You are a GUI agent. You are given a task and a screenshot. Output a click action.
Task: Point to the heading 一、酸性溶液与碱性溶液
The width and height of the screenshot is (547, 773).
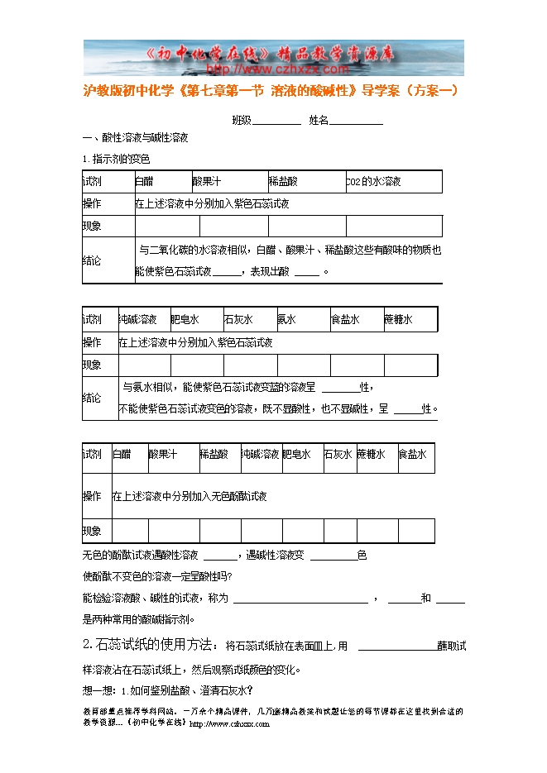click(136, 138)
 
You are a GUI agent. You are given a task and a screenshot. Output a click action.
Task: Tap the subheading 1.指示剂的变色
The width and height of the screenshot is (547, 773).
click(116, 159)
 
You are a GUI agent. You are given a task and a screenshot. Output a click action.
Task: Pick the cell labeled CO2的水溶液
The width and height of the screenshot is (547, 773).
click(374, 181)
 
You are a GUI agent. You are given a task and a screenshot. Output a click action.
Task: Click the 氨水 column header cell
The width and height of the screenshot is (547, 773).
click(303, 319)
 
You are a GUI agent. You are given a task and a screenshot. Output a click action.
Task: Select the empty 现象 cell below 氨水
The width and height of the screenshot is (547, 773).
click(303, 365)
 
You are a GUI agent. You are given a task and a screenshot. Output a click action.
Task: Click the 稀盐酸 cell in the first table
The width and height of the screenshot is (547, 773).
click(283, 181)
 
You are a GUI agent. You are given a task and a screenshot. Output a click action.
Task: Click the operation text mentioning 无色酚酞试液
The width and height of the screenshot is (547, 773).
click(190, 496)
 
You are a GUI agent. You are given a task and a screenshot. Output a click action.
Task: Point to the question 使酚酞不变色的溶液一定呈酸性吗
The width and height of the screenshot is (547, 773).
click(157, 575)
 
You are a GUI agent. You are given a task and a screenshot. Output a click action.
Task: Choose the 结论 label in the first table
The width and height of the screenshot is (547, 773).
click(93, 260)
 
